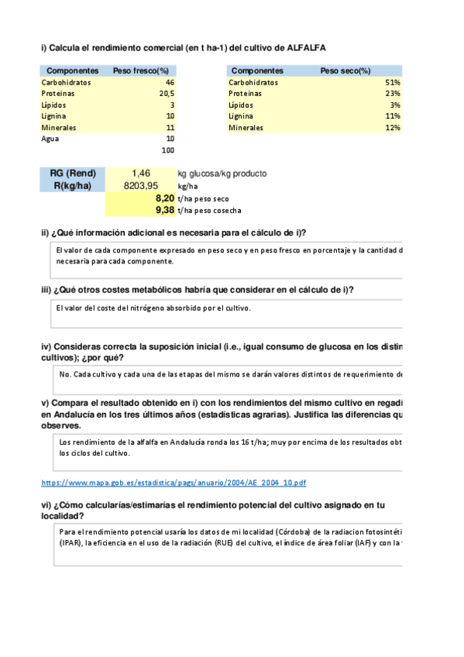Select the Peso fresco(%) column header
tap(141, 71)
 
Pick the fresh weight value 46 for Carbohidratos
tap(170, 82)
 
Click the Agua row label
tap(50, 139)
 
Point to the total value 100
tap(167, 150)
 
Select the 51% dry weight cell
tap(392, 82)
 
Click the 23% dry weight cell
tap(392, 93)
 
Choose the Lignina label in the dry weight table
tap(244, 115)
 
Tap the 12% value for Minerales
tap(392, 127)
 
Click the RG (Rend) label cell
tap(72, 174)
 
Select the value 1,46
tap(145, 174)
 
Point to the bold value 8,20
tap(164, 198)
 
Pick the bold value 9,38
tap(164, 210)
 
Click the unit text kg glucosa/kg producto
tap(222, 174)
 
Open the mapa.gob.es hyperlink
tap(173, 483)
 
